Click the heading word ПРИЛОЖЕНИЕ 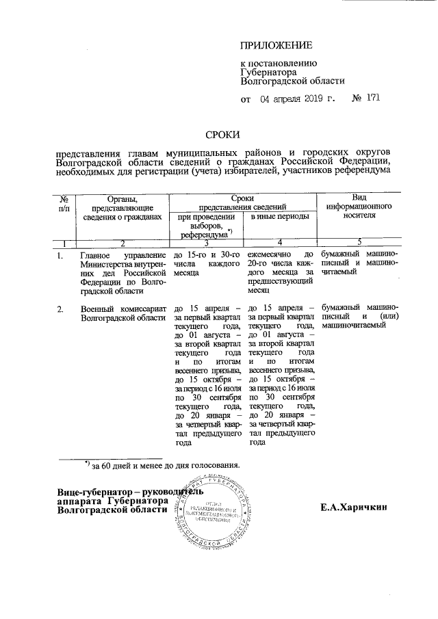point(276,46)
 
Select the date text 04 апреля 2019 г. point(297,99)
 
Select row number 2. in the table point(61,309)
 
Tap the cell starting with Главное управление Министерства point(123,273)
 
